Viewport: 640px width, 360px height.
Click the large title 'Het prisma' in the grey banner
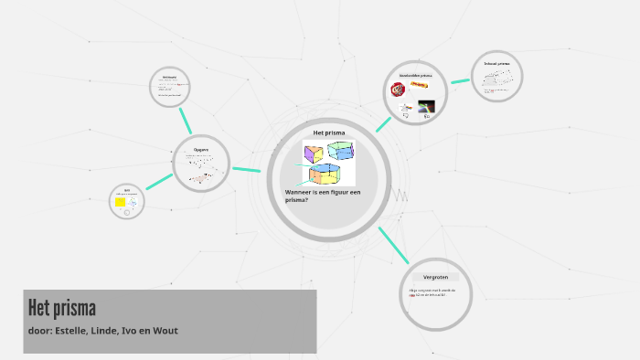[x=62, y=307]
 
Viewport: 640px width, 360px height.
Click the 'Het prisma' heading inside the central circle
[x=328, y=132]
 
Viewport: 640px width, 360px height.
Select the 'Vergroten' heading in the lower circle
[x=435, y=276]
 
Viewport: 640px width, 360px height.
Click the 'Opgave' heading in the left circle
[x=201, y=150]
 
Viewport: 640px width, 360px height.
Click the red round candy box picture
[x=398, y=90]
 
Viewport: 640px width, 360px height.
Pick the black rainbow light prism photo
[x=426, y=106]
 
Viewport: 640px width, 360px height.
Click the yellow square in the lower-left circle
[x=120, y=202]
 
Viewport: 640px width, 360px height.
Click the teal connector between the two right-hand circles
[x=460, y=80]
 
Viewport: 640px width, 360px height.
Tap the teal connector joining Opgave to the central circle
[x=246, y=169]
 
